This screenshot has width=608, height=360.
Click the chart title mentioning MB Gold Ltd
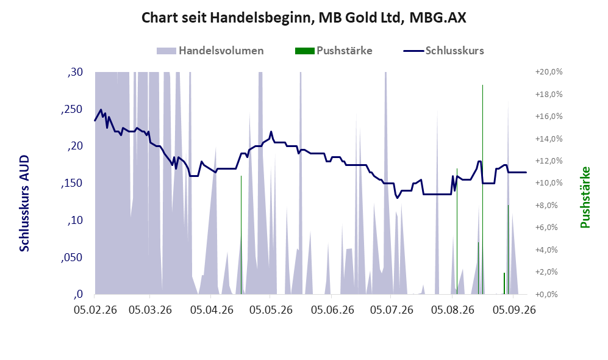(304, 18)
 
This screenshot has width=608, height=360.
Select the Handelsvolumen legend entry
(210, 51)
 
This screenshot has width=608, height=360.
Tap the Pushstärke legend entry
(334, 51)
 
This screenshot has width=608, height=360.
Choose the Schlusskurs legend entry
(443, 51)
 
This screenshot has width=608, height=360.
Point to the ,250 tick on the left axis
(72, 109)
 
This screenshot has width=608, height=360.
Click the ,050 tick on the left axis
(72, 257)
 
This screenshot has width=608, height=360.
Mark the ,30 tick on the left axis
(75, 72)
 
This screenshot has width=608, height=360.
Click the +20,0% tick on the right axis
(549, 72)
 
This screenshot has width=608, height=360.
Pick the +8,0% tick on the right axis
(550, 205)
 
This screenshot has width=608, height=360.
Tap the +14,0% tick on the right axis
(549, 139)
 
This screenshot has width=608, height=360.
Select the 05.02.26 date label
(95, 310)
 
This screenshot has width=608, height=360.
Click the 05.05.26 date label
(271, 310)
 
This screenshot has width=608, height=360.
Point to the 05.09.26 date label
(514, 310)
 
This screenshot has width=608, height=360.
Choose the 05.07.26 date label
(392, 310)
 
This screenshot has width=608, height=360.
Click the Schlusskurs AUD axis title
(24, 203)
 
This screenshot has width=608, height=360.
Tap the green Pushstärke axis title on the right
(585, 198)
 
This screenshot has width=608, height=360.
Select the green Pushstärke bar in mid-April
(241, 235)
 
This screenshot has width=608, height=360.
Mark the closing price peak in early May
(271, 132)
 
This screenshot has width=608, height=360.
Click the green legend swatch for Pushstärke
(304, 51)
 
